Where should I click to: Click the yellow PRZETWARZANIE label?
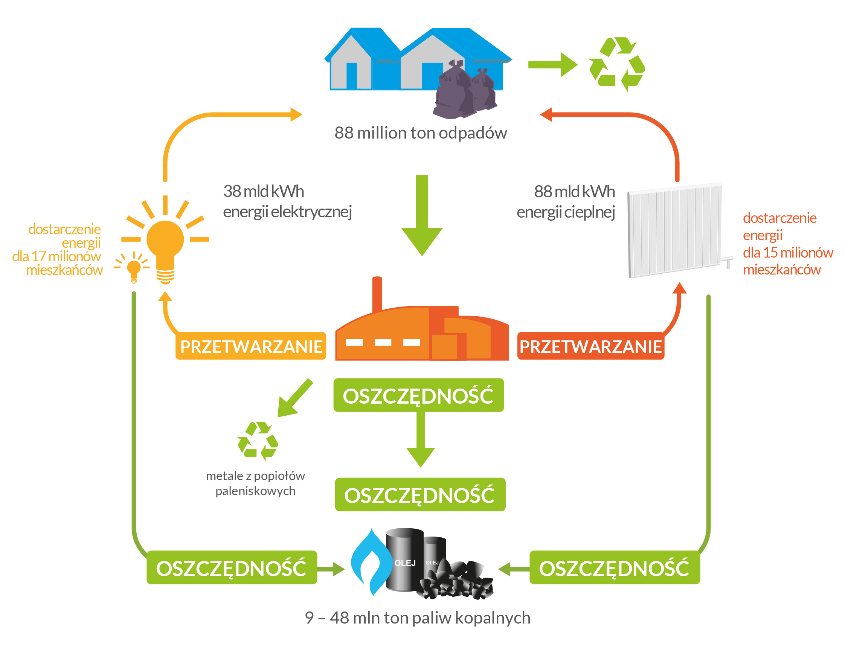(x=250, y=346)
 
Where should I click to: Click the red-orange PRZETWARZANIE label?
(x=590, y=346)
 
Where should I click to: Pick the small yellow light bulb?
(x=134, y=269)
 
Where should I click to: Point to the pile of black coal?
(x=457, y=580)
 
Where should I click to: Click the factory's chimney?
(x=377, y=294)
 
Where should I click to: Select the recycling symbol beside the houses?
(x=616, y=64)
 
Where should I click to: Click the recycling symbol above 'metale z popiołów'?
(x=258, y=441)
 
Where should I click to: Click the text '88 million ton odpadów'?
(x=420, y=133)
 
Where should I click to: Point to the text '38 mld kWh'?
(x=263, y=191)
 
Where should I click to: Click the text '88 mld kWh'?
(x=574, y=192)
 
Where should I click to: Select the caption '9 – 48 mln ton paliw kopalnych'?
(x=417, y=618)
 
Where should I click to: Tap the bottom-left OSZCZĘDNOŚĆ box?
(x=232, y=567)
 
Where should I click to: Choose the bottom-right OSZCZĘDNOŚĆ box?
(x=614, y=567)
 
